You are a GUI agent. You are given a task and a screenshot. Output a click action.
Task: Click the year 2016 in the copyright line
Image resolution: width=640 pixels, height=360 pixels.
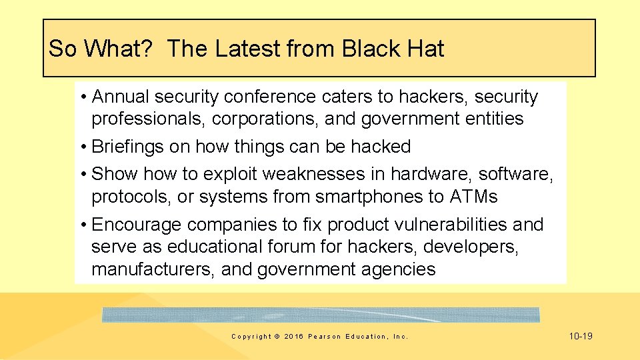(x=293, y=337)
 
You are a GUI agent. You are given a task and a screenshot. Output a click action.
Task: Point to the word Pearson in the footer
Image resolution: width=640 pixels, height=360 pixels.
(x=323, y=337)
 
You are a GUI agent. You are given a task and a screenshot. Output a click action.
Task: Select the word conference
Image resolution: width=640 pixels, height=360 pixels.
(x=270, y=97)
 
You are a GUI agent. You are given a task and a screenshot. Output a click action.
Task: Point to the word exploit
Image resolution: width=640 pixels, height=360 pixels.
(x=231, y=174)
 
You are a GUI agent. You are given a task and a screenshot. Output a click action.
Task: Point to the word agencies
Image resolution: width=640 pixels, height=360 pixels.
(x=399, y=269)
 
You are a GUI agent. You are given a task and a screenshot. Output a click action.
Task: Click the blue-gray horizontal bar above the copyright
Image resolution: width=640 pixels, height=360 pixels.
(x=321, y=315)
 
